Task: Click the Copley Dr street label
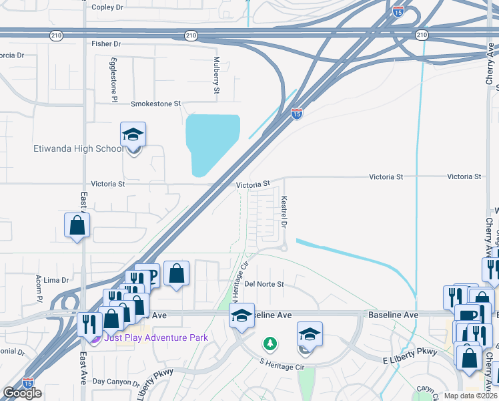(x=107, y=7)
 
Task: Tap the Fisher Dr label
(x=107, y=44)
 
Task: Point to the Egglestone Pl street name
(x=114, y=80)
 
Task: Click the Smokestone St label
(x=156, y=104)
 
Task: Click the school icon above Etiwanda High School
(x=133, y=135)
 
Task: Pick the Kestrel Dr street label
(x=284, y=211)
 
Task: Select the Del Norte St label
(x=264, y=284)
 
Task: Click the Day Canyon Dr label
(x=116, y=382)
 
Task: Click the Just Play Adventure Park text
(x=156, y=338)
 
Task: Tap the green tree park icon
(x=270, y=344)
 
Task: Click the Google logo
(x=22, y=393)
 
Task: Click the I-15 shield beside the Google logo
(x=27, y=382)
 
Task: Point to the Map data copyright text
(x=471, y=396)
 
